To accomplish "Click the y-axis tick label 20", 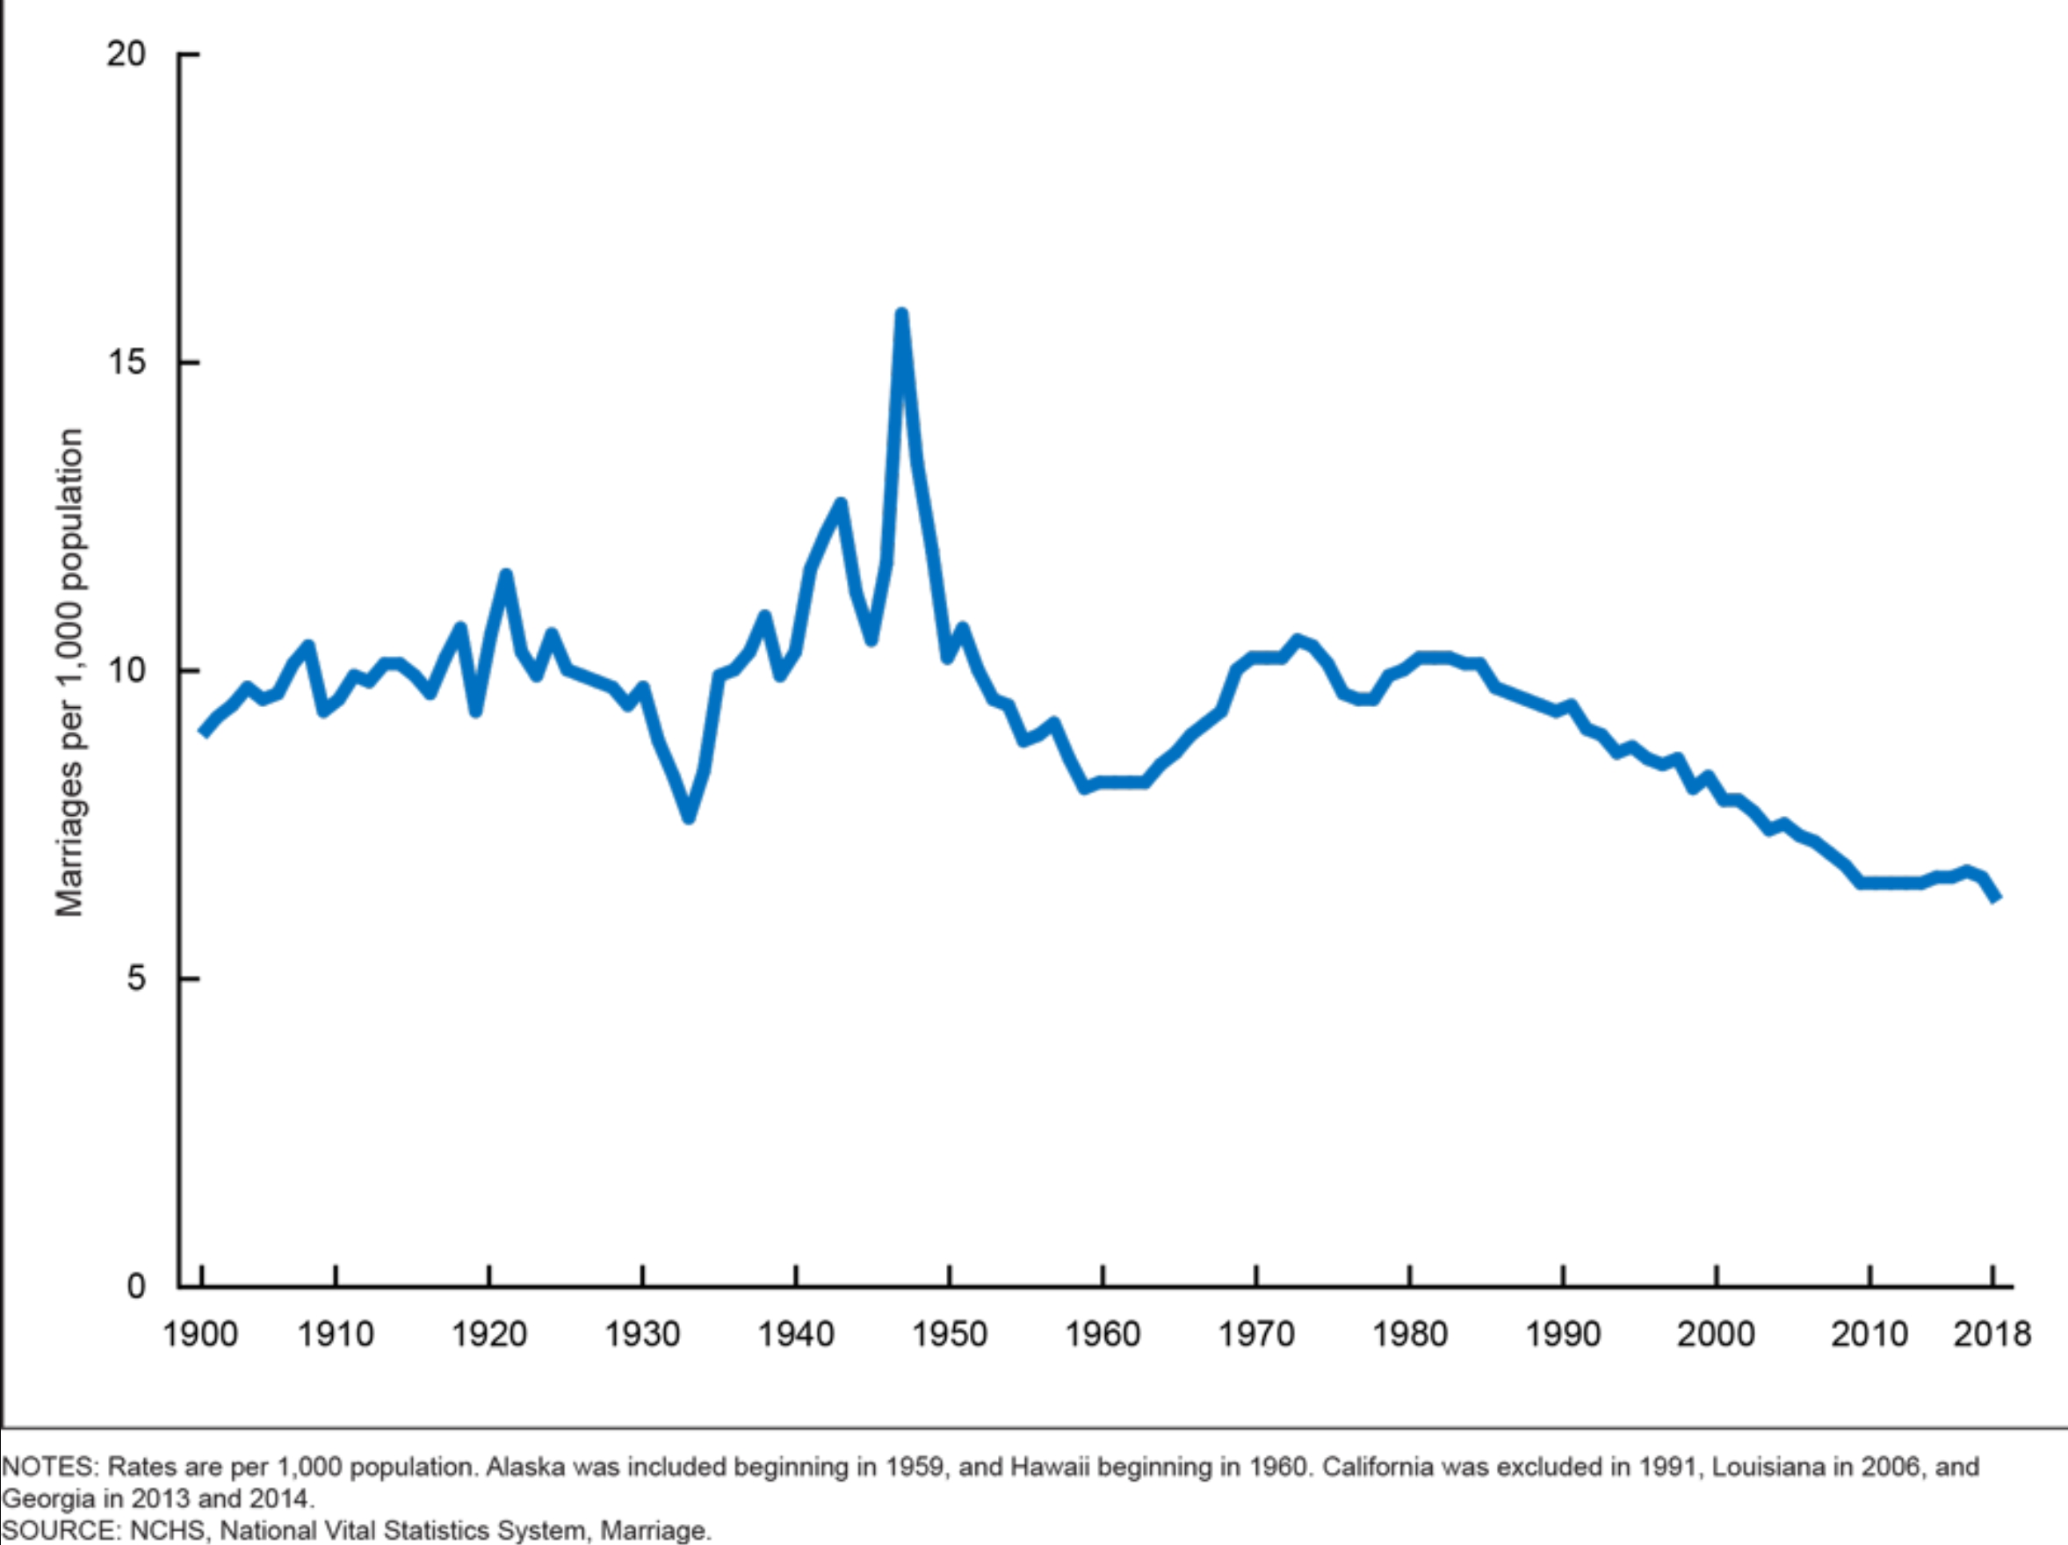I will tap(127, 54).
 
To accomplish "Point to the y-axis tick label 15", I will tap(127, 362).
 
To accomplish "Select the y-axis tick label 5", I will tap(136, 978).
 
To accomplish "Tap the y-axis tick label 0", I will tap(136, 1286).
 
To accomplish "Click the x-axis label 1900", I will tap(200, 1334).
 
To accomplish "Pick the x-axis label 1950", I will tap(949, 1334).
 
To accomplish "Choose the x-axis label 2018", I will tap(1992, 1334).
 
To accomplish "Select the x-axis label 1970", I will tap(1255, 1334).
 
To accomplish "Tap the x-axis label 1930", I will tap(642, 1334).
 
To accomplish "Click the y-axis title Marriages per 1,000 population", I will tap(70, 673).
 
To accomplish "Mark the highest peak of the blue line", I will tap(901, 315).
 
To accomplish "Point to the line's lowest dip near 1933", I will tap(689, 817).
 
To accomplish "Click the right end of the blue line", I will tap(1996, 899).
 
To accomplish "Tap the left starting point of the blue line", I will tap(203, 732).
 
